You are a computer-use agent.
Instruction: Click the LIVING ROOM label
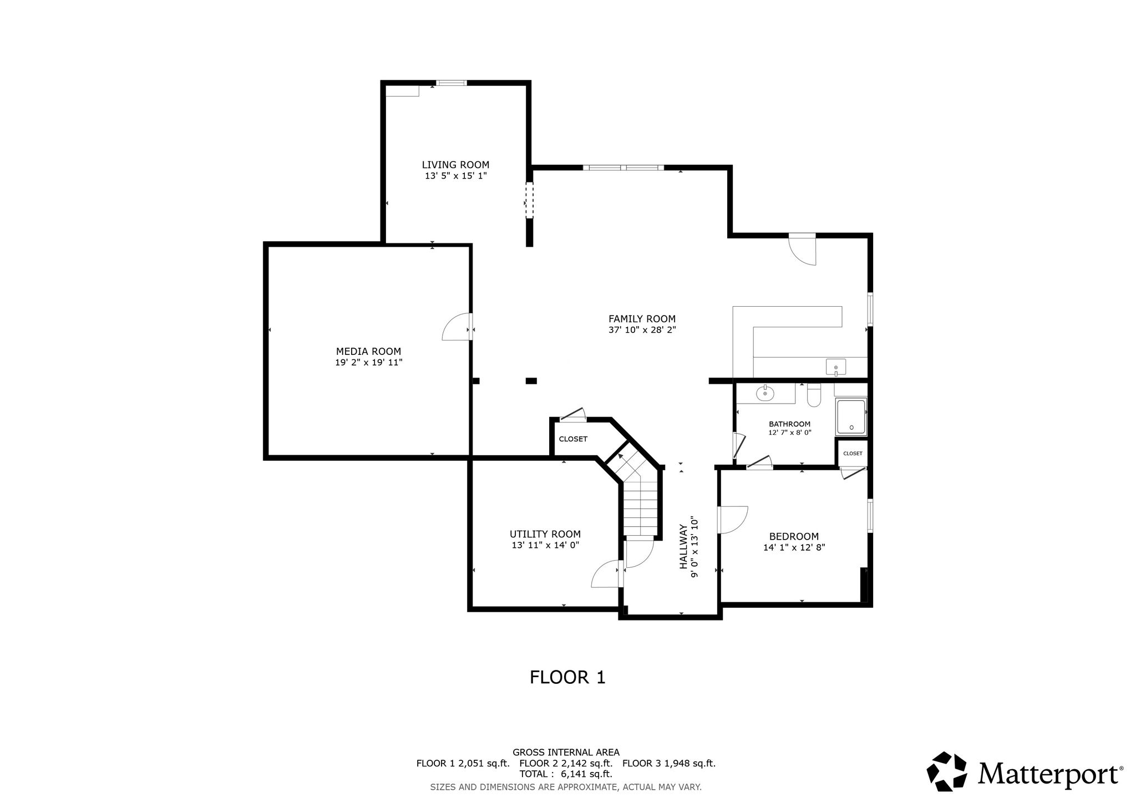coord(455,165)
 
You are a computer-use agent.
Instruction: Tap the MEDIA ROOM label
coord(368,352)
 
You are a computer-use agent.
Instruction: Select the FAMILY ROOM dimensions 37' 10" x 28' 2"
coord(642,330)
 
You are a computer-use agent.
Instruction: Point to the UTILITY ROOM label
coord(545,535)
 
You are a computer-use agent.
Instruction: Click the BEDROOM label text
coord(794,537)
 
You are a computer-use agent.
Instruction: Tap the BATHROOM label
coord(789,424)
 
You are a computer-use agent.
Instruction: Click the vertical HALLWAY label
coord(684,547)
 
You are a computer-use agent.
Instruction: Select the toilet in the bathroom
coord(814,394)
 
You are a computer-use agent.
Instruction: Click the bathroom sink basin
coord(765,394)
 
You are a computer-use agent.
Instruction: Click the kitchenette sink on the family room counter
coord(836,367)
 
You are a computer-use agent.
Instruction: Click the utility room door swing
coord(606,574)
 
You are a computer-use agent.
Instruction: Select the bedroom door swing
coord(733,520)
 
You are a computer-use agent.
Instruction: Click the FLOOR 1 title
coord(567,677)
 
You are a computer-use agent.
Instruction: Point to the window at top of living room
coord(452,83)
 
